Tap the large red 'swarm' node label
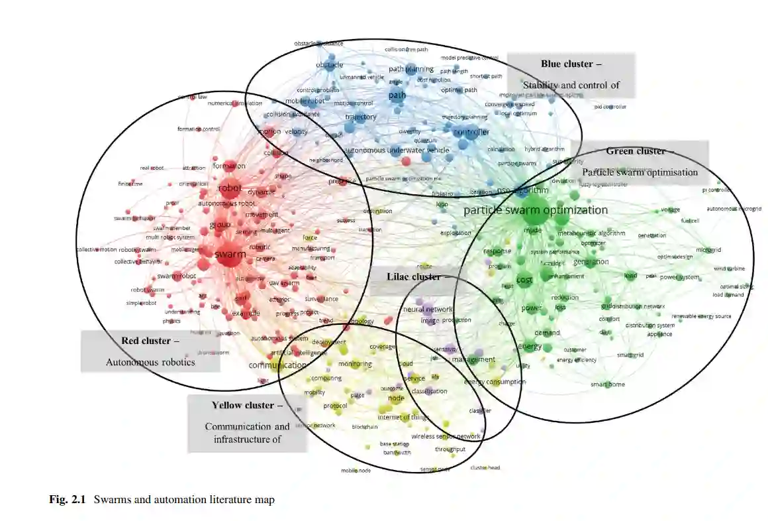(x=230, y=255)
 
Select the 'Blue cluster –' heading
(x=571, y=64)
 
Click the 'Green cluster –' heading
(x=636, y=151)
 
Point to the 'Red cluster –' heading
(x=150, y=341)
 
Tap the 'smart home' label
(x=607, y=384)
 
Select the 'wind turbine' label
(x=728, y=268)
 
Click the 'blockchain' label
(x=365, y=427)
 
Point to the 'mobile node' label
(x=356, y=471)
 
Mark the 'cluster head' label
(x=485, y=467)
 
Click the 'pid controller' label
(x=610, y=107)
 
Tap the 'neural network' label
(x=428, y=310)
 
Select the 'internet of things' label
(x=403, y=417)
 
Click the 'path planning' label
(x=410, y=69)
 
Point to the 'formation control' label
(x=199, y=129)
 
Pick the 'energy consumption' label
(x=495, y=382)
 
